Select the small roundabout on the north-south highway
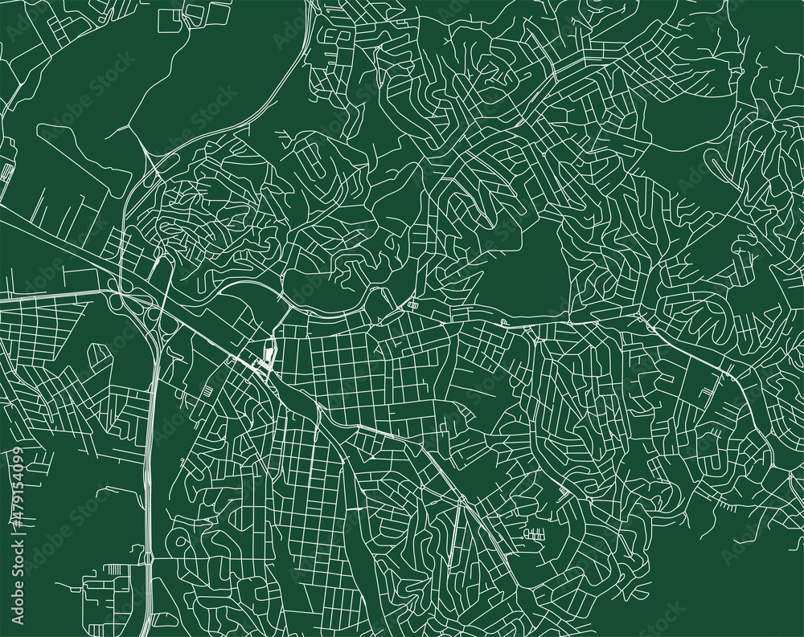pos(148,556)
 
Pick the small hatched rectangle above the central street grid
pos(414,304)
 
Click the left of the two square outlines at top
pos(170,19)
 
